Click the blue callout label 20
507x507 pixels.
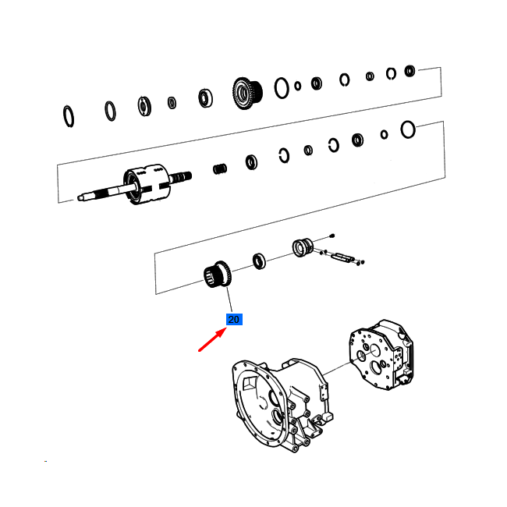click(234, 320)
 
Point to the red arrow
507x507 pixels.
click(212, 339)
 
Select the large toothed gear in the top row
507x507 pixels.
click(247, 93)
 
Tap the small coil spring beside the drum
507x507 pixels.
click(220, 168)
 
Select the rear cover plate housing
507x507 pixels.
click(381, 355)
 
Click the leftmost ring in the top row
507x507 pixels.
click(69, 116)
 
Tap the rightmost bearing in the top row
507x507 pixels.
click(409, 71)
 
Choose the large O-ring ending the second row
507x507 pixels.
click(408, 129)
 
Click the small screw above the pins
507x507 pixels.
click(332, 236)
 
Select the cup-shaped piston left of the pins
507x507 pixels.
click(303, 247)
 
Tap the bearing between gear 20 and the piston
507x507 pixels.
click(259, 261)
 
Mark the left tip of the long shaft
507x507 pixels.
click(79, 197)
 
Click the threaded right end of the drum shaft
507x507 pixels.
click(181, 177)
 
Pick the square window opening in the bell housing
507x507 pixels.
click(250, 382)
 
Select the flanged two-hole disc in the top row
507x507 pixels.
click(144, 106)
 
